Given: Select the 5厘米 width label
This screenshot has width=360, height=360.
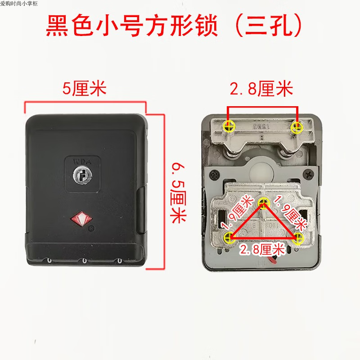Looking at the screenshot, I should click(84, 88).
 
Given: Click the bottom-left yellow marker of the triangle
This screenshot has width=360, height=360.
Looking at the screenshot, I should click(229, 237).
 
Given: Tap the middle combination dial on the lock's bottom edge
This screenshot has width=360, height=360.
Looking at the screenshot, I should click(84, 261).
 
